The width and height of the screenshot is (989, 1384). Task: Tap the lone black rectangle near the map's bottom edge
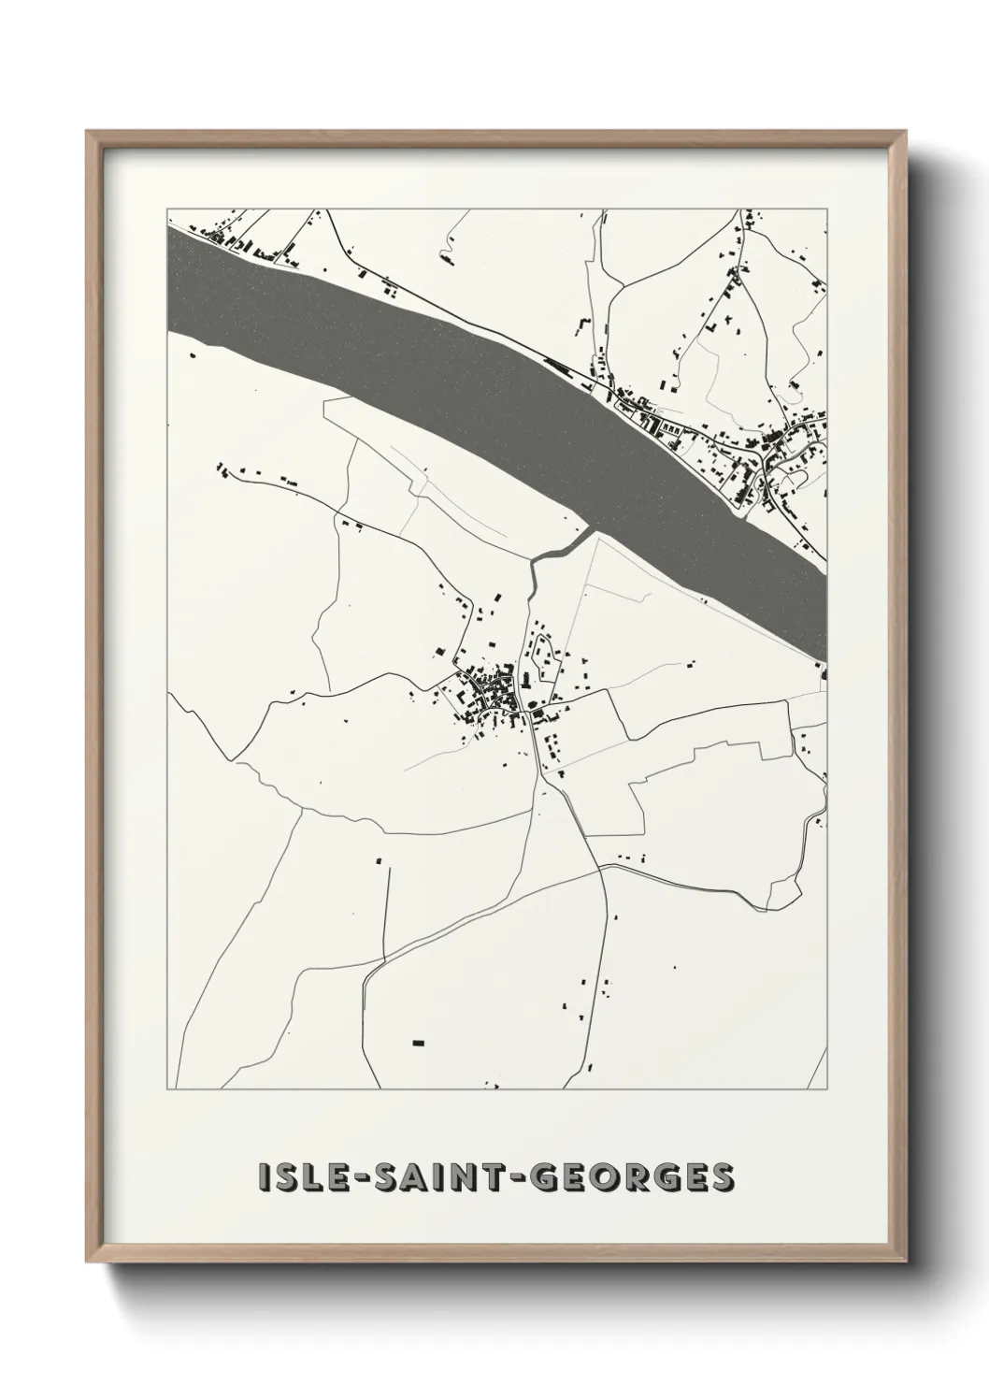coord(418,1041)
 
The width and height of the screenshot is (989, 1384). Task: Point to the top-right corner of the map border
coord(827,207)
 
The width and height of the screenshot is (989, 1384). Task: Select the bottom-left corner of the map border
coord(167,1089)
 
